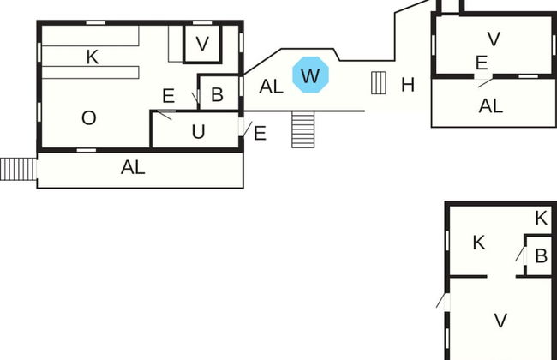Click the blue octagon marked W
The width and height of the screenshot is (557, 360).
coord(310,75)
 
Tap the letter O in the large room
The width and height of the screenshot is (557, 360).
coord(88,118)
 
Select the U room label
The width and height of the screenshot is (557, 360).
coord(198,132)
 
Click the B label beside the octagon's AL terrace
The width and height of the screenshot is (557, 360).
coord(217,94)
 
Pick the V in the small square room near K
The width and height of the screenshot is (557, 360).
coord(202,44)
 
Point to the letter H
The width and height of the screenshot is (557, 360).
coord(408,84)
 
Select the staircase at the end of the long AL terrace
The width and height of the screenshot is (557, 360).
coord(15,169)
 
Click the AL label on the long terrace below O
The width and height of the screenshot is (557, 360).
coord(133,168)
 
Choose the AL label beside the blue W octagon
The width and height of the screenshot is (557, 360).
coord(271,86)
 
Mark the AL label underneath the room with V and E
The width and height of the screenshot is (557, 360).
coord(491,106)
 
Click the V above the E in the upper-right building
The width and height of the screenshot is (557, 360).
coord(493,39)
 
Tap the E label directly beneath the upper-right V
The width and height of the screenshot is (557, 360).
coord(482,63)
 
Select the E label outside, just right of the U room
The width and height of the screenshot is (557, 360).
coord(260,133)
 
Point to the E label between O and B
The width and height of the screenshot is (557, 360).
coord(168,96)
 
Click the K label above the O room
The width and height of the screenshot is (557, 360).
coord(93,57)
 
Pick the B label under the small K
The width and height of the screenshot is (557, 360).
coord(541,255)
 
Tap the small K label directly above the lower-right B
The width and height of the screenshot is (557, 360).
coord(541,219)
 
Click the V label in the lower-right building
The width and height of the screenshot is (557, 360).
coord(501,321)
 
